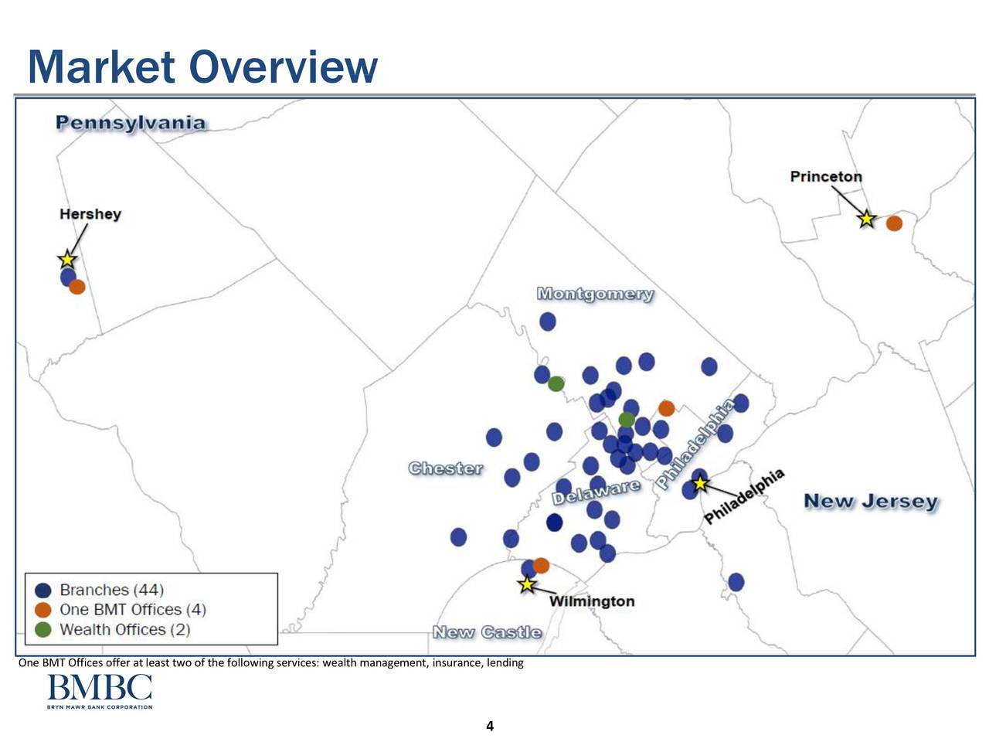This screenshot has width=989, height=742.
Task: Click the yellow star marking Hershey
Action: [67, 259]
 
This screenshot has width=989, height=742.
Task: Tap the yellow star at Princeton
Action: [866, 219]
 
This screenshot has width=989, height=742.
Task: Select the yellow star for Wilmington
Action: [527, 584]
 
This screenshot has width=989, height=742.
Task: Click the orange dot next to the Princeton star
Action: [895, 223]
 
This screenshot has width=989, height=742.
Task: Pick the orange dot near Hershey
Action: [77, 287]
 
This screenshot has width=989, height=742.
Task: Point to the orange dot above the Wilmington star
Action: [541, 566]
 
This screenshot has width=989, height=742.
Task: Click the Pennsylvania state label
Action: [131, 123]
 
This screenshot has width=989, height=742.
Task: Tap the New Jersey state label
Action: [871, 502]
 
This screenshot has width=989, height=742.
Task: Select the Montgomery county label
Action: [595, 294]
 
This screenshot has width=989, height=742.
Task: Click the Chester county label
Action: [446, 468]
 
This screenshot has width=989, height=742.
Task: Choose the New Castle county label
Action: [487, 632]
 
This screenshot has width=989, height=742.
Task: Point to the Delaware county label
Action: [596, 492]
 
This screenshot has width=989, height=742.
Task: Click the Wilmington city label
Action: [592, 601]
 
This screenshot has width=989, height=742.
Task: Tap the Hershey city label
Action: [90, 213]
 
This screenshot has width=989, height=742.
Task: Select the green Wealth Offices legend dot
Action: [42, 630]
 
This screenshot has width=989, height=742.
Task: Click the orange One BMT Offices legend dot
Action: [42, 610]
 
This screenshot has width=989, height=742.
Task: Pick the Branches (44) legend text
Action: [112, 590]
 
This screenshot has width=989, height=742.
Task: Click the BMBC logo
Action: [100, 691]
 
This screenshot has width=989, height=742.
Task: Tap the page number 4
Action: [490, 726]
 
